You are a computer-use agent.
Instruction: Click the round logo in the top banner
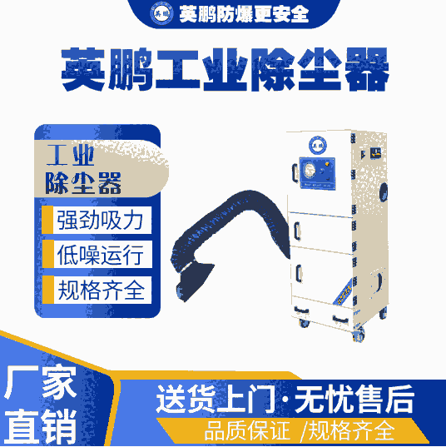pos(161,13)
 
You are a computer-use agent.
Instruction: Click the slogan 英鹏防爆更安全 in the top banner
pos(244,14)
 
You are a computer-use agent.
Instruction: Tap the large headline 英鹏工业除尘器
pos(225,69)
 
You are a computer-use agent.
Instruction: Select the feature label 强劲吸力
pos(100,220)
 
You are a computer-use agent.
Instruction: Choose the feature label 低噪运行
pos(101,255)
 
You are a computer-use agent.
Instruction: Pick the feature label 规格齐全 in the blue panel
pos(102,290)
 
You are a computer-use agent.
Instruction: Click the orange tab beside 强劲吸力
pos(47,220)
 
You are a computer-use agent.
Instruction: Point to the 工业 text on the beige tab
pos(71,155)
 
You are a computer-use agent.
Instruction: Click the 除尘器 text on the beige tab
pos(83,183)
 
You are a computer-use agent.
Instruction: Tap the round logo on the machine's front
pos(318,145)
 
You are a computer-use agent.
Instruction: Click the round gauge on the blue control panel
pos(309,170)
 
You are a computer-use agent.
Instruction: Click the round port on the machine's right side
pos(384,192)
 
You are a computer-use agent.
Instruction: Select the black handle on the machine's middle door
pos(297,231)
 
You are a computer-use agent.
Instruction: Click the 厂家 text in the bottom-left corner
pos(40,381)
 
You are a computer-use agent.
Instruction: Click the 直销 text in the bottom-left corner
pos(41,425)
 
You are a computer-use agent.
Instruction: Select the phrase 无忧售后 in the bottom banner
pos(354,399)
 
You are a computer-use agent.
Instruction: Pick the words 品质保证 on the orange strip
pos(247,431)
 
